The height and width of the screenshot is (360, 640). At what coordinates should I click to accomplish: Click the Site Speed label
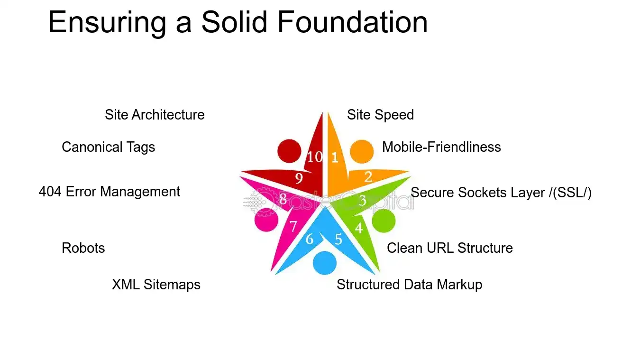tap(380, 115)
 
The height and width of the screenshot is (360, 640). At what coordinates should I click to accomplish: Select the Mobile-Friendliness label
tap(441, 147)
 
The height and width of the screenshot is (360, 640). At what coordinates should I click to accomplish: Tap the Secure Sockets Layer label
tap(501, 193)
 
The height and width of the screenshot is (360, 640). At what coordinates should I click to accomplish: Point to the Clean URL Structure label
tap(449, 248)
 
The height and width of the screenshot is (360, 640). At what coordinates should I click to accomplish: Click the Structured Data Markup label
tap(409, 285)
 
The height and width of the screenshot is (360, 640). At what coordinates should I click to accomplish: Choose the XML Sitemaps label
tap(156, 285)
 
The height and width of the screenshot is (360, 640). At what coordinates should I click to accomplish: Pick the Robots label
tap(83, 248)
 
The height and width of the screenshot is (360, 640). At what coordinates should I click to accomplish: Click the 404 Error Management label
tap(109, 192)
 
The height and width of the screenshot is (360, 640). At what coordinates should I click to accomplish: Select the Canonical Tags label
tap(108, 147)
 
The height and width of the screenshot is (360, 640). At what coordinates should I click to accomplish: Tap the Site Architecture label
tap(155, 115)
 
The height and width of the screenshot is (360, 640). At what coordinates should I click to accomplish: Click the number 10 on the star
tap(314, 157)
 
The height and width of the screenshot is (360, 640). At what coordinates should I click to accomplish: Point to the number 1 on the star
tap(334, 157)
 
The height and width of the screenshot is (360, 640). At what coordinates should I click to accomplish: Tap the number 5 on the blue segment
tap(338, 239)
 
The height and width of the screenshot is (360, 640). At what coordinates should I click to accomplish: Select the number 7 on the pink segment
tap(293, 226)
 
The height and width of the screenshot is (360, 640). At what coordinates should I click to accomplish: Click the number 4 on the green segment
tap(359, 228)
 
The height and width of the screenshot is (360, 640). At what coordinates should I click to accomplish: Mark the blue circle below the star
tap(325, 263)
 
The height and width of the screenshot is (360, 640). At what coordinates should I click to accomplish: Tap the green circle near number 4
tap(383, 221)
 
